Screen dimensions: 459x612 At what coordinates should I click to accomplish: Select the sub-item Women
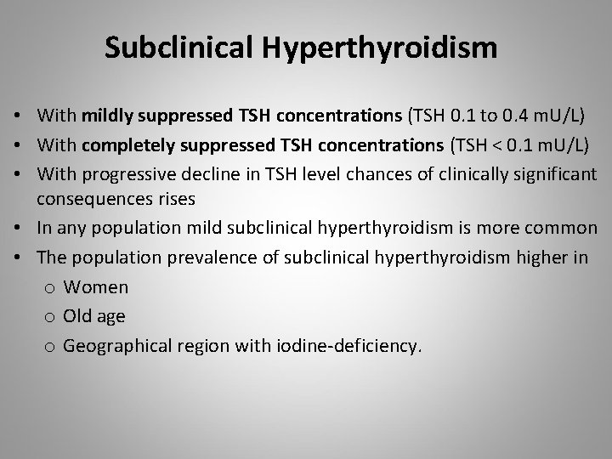pyautogui.click(x=96, y=287)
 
